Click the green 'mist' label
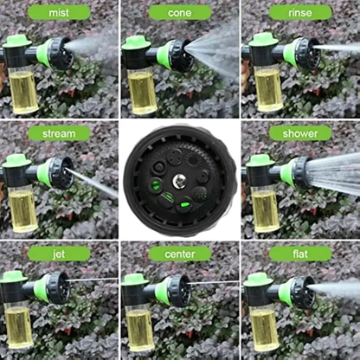(x=59, y=12)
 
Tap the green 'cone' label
(x=179, y=12)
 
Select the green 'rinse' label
(x=299, y=12)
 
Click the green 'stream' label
(x=59, y=133)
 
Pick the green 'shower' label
(x=299, y=133)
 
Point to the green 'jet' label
(x=59, y=254)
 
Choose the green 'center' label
(x=179, y=254)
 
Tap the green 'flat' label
(x=299, y=254)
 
